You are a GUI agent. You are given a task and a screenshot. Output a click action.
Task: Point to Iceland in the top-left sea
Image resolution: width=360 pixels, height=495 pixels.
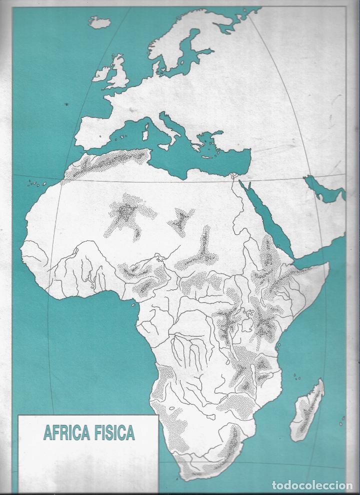[99, 22]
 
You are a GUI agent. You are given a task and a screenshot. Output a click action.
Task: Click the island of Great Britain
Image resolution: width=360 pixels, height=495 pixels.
[118, 75]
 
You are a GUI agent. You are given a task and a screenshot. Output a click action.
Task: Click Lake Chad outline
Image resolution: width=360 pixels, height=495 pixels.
[161, 258]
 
